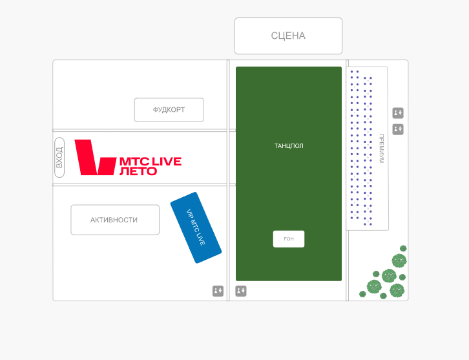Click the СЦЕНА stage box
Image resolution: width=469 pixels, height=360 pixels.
288,36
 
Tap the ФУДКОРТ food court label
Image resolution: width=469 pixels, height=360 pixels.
169,110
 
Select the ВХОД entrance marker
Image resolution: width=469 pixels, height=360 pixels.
59,157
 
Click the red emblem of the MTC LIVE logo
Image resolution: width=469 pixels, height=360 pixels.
95,157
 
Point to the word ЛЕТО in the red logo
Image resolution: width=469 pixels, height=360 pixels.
138,171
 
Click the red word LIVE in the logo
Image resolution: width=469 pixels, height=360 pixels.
166,161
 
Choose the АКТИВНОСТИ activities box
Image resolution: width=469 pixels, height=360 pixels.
114,220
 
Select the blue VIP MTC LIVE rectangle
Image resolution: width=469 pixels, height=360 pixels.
196,228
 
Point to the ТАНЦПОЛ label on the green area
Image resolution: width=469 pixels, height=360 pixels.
289,146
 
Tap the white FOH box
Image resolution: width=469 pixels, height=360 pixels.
289,239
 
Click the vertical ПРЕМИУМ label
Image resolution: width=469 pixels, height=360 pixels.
381,148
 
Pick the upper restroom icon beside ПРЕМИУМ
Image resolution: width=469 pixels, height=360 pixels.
398,113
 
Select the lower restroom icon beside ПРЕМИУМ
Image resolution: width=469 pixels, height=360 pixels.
398,129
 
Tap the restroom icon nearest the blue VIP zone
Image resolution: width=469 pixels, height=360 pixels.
218,291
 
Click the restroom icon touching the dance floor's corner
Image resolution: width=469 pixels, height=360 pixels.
241,291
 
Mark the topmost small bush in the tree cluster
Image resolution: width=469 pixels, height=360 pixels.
403,248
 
